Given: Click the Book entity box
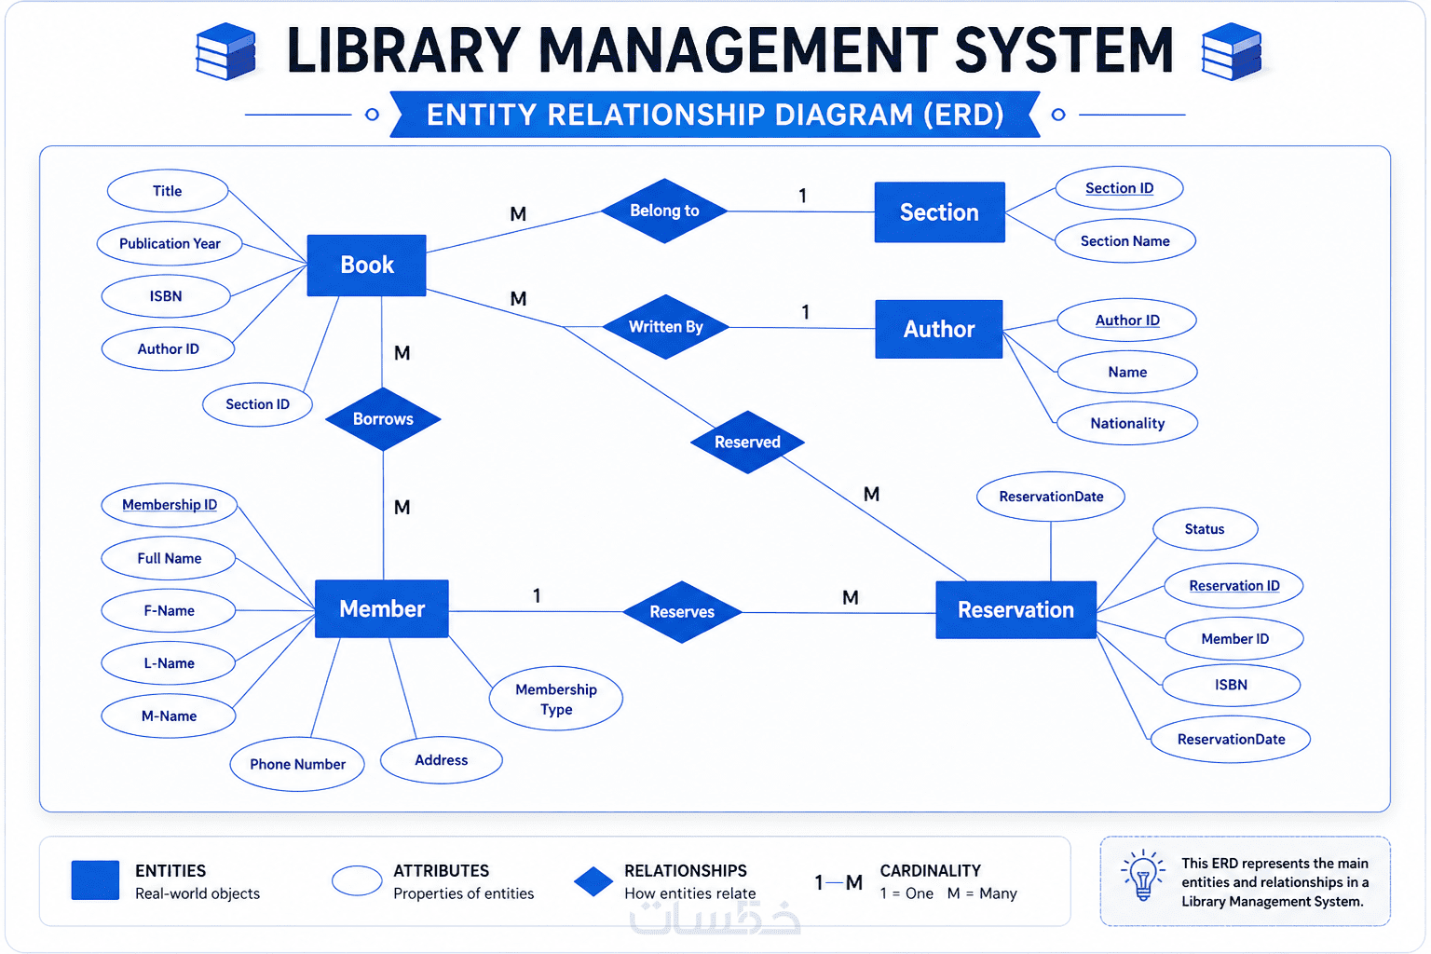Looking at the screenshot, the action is click(x=366, y=266).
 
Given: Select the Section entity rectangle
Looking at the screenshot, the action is click(x=939, y=212).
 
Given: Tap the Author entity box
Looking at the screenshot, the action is click(x=938, y=329).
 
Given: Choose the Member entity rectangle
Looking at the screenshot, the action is click(x=381, y=609).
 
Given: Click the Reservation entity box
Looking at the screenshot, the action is click(x=1015, y=609).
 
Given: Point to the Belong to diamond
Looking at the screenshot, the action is click(x=664, y=211).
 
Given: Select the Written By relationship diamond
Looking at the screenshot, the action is click(x=666, y=327).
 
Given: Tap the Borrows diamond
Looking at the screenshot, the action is click(x=383, y=419).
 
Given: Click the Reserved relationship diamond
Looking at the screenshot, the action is click(x=747, y=443).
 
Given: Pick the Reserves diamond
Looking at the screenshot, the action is click(x=682, y=612).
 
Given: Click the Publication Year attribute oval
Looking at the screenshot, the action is click(x=170, y=243).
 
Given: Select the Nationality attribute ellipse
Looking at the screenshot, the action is click(x=1127, y=423).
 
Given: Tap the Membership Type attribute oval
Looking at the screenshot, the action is click(x=556, y=699).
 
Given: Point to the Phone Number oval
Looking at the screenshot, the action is click(x=297, y=764).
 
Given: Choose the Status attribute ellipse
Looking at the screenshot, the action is click(x=1205, y=529).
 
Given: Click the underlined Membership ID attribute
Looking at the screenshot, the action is click(x=170, y=505).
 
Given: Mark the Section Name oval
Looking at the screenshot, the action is click(x=1125, y=241).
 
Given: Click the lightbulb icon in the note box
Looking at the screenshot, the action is click(x=1143, y=876).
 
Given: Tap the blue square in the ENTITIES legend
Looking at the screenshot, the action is click(x=95, y=880).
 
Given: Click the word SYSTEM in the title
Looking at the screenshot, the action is click(x=1064, y=49).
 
